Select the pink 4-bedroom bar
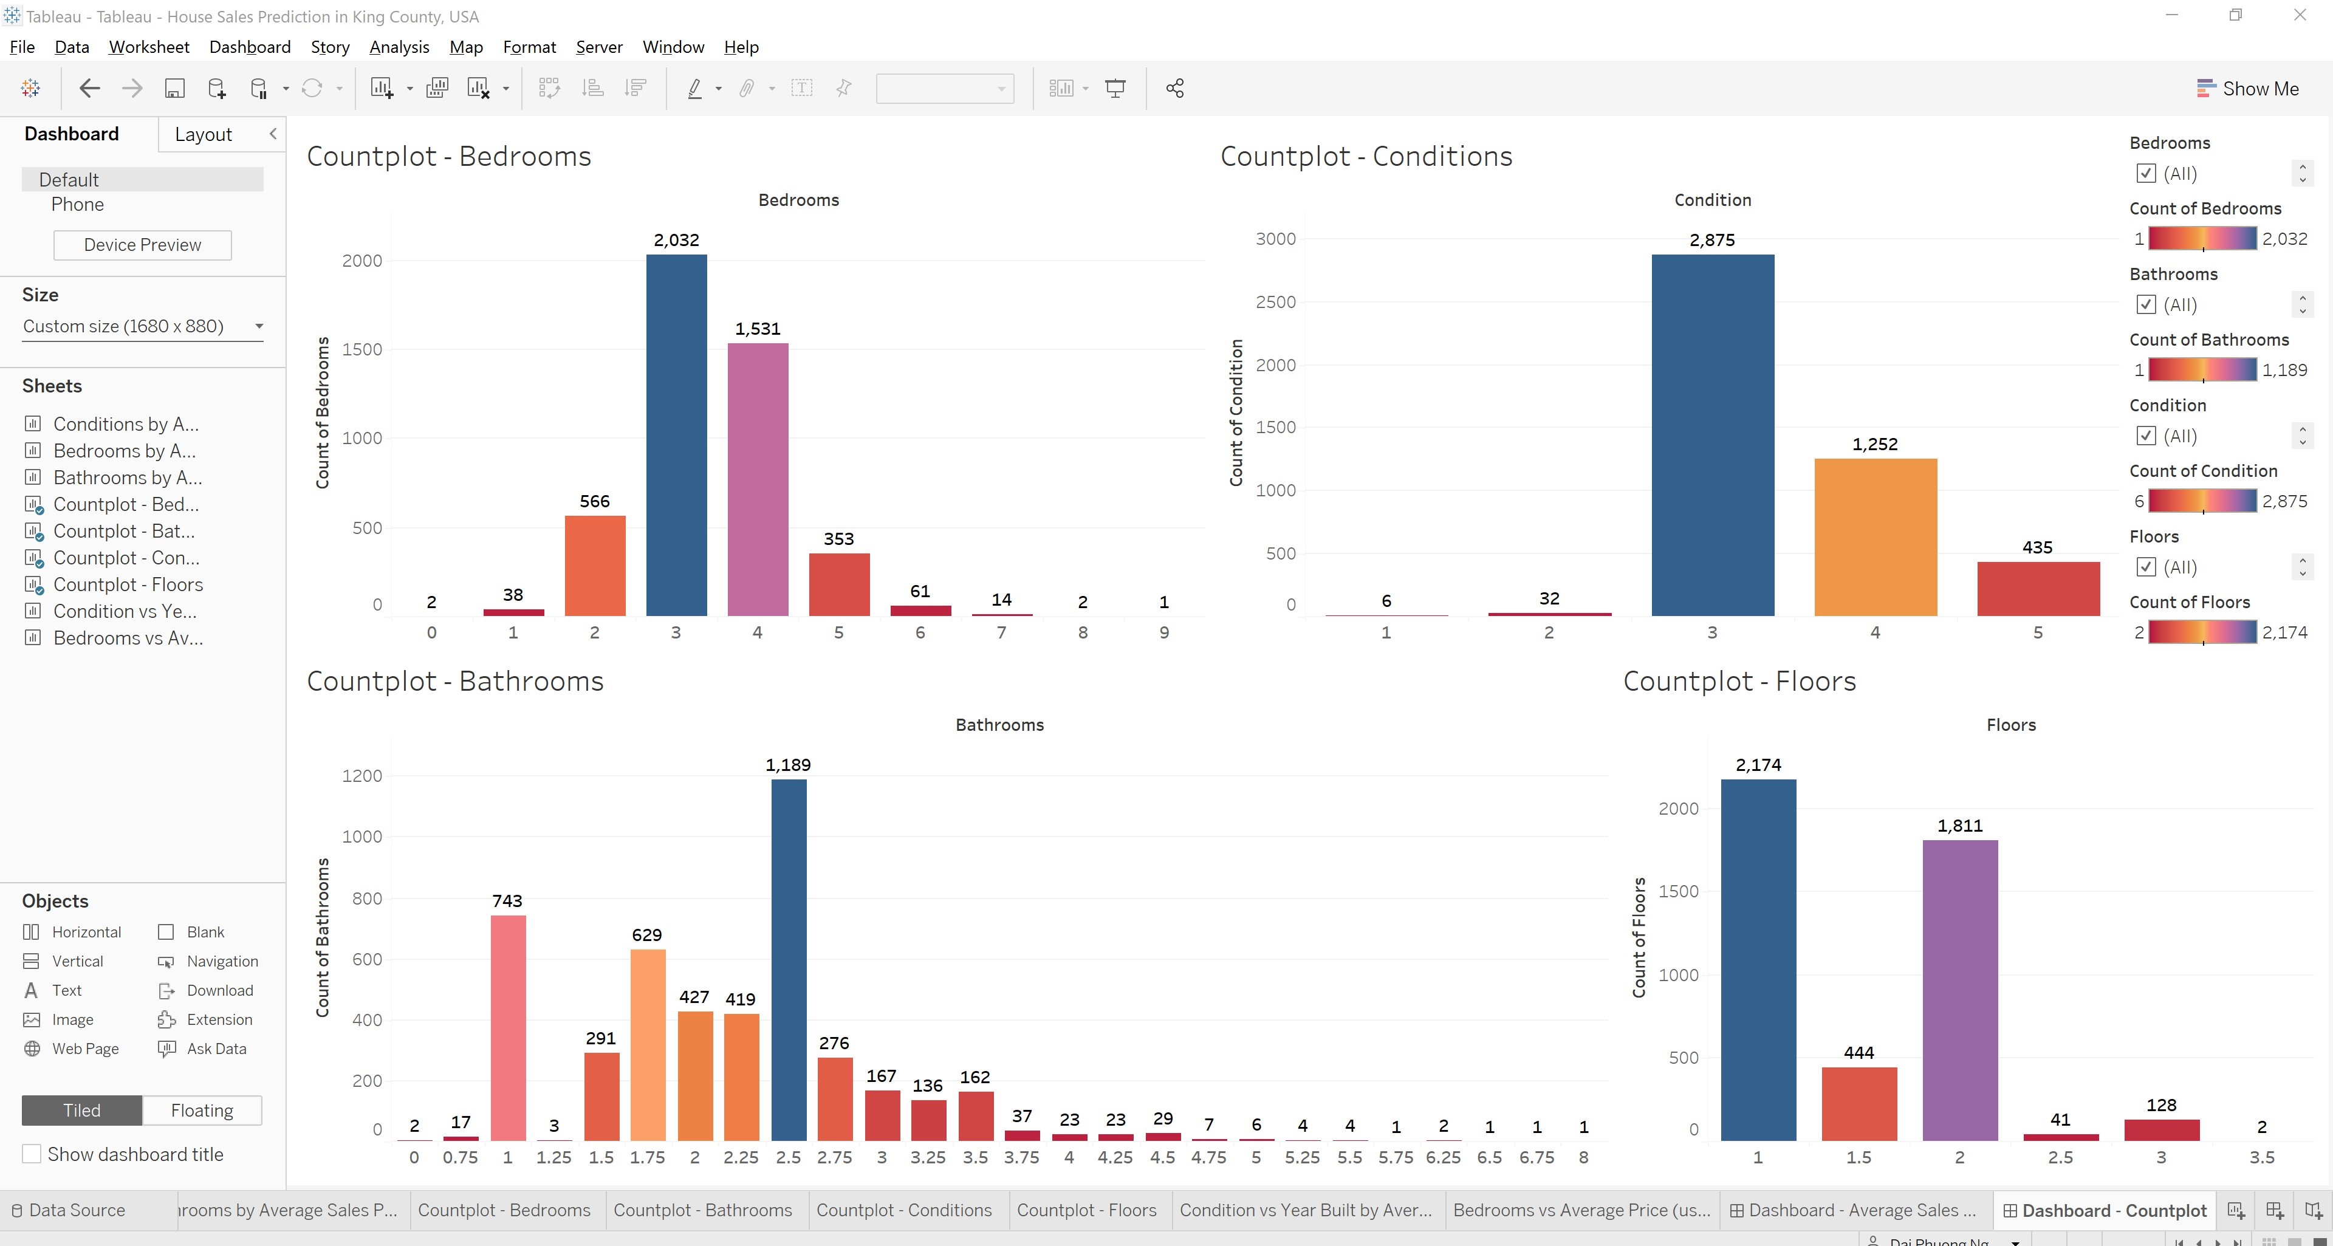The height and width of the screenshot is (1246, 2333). coord(757,480)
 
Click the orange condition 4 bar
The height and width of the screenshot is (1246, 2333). coord(1875,537)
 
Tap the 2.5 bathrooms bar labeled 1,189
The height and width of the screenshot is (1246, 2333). coord(788,960)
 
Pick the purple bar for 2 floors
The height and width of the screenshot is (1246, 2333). coord(1960,990)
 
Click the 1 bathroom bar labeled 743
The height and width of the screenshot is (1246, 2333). coord(507,1028)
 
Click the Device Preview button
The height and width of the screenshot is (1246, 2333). coord(142,244)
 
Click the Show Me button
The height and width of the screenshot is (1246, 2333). coord(2248,89)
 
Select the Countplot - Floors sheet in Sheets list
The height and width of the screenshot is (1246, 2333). coord(128,584)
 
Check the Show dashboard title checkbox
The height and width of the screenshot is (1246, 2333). coord(32,1154)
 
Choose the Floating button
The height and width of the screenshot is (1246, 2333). coord(202,1110)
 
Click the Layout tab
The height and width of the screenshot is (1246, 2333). coord(203,134)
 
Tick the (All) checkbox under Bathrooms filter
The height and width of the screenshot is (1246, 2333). coord(2145,304)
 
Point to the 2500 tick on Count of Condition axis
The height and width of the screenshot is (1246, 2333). coord(1275,301)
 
